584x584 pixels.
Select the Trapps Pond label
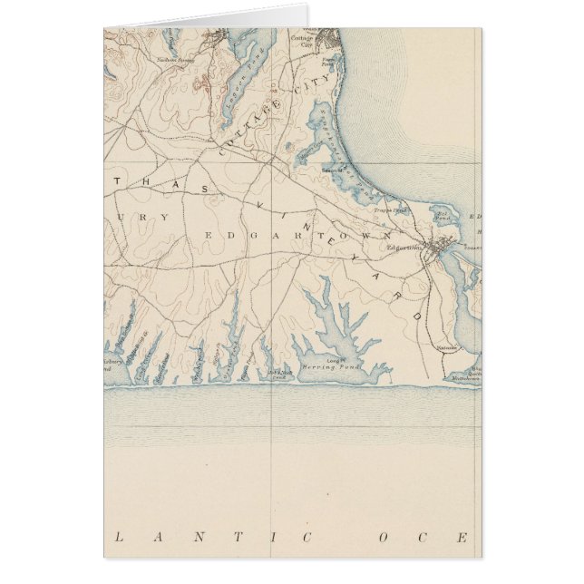point(391,210)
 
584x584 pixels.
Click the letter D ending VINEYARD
point(417,317)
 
